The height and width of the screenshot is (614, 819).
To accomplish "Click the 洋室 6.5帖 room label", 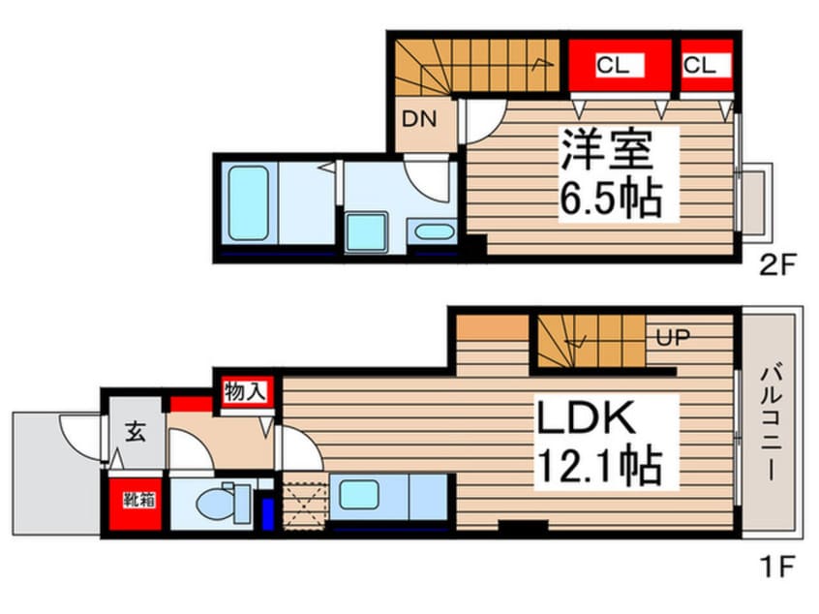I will click(610, 173).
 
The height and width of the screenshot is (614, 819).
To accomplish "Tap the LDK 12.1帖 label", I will click(599, 443).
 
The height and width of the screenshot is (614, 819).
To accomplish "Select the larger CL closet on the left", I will click(614, 66).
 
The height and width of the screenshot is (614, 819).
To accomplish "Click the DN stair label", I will click(419, 121).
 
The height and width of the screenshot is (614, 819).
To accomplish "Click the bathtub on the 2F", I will click(249, 202).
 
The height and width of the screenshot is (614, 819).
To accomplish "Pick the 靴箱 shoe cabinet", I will click(135, 503).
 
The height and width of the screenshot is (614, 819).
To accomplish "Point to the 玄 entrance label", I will click(135, 433).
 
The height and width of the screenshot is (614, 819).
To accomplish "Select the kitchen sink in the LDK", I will click(358, 495).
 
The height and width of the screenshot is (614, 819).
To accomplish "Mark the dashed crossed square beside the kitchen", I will click(304, 504).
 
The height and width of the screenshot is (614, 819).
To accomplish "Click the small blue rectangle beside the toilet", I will click(268, 510).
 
